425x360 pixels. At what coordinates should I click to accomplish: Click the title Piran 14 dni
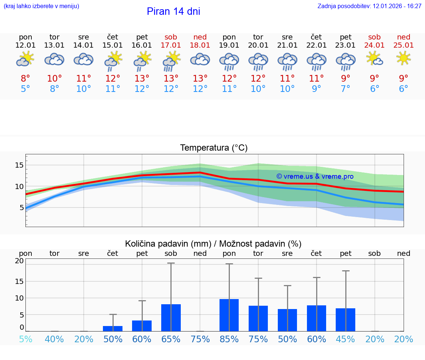[173, 11]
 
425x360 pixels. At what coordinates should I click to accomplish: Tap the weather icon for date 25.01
[404, 58]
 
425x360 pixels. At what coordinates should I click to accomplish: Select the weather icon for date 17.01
[171, 61]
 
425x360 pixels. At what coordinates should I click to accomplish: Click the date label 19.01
[229, 45]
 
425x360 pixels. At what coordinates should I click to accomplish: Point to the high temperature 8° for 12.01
[25, 79]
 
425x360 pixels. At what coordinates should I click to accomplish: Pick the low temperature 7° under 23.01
[346, 89]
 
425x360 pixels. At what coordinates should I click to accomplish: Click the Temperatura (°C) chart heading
[214, 148]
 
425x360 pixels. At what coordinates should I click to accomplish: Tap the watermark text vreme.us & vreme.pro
[315, 176]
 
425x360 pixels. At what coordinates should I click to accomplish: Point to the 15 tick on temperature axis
[19, 165]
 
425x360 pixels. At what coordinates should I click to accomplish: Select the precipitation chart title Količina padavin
[213, 244]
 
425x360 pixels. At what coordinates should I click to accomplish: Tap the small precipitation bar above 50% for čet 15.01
[113, 328]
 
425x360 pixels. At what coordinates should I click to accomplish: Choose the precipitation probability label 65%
[171, 339]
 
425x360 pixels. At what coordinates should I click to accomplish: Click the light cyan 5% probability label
[25, 339]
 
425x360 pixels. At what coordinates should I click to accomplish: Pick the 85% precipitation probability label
[229, 339]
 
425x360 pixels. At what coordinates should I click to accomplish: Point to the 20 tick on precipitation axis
[19, 261]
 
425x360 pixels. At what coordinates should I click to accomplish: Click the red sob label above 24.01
[374, 37]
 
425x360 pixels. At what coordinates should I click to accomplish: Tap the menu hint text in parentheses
[41, 6]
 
